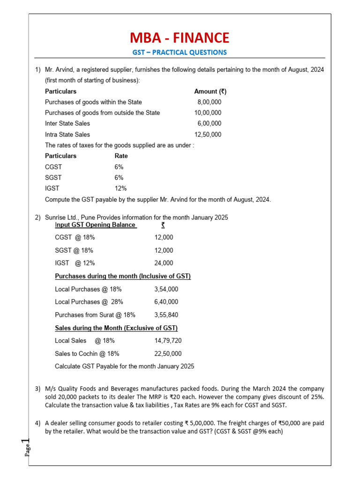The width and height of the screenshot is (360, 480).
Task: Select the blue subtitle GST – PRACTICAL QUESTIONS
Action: (x=180, y=52)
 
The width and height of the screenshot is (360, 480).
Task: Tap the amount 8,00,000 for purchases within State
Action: (x=210, y=102)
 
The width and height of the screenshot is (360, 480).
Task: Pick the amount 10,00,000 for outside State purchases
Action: (x=208, y=112)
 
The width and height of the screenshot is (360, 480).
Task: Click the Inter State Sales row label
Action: (x=67, y=123)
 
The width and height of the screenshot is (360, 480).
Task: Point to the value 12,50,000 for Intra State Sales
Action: (x=208, y=134)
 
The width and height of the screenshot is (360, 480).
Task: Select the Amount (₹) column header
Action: (x=210, y=91)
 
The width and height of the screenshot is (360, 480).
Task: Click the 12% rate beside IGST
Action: (x=121, y=188)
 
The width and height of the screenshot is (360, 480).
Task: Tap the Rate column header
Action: (x=121, y=156)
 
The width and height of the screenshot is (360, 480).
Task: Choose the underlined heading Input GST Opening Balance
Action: (x=96, y=225)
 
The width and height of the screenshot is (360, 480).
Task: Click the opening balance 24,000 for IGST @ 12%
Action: (x=164, y=263)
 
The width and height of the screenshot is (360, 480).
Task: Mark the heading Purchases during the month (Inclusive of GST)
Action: (x=123, y=276)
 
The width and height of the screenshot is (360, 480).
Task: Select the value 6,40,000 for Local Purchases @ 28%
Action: (x=166, y=302)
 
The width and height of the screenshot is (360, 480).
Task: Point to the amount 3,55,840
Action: (x=166, y=315)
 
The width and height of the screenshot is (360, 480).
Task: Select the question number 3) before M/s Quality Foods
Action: (x=37, y=389)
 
